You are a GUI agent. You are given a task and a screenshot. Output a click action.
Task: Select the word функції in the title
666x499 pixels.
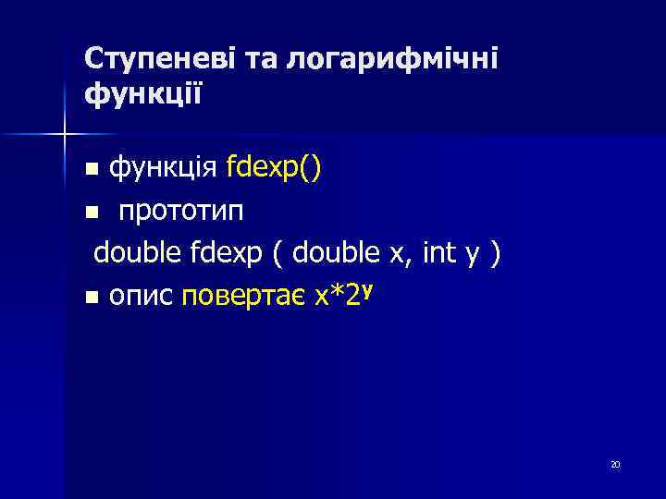[x=143, y=94]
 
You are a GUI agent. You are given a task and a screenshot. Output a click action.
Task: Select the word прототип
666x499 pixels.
[x=181, y=212]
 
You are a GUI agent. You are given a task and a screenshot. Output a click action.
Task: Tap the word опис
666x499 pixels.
[x=142, y=298]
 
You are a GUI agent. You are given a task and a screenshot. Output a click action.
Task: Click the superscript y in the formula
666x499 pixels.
[x=368, y=289]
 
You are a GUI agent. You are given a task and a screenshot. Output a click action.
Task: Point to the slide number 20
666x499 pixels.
[x=615, y=465]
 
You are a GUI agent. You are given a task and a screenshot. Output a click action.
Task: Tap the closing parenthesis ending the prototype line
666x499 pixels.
[x=498, y=253]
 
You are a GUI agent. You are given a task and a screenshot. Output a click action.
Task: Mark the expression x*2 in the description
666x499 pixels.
[x=337, y=297]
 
